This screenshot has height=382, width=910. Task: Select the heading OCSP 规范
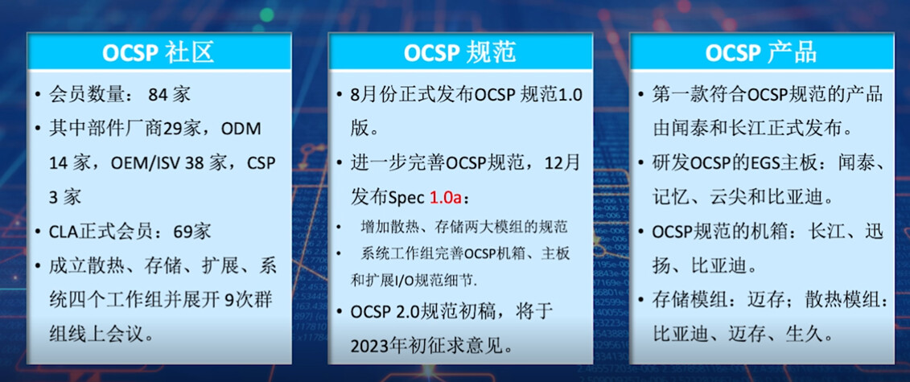[459, 52]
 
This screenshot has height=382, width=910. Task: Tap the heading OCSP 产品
[761, 52]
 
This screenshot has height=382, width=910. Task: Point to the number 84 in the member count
[159, 94]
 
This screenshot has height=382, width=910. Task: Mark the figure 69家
[192, 232]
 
